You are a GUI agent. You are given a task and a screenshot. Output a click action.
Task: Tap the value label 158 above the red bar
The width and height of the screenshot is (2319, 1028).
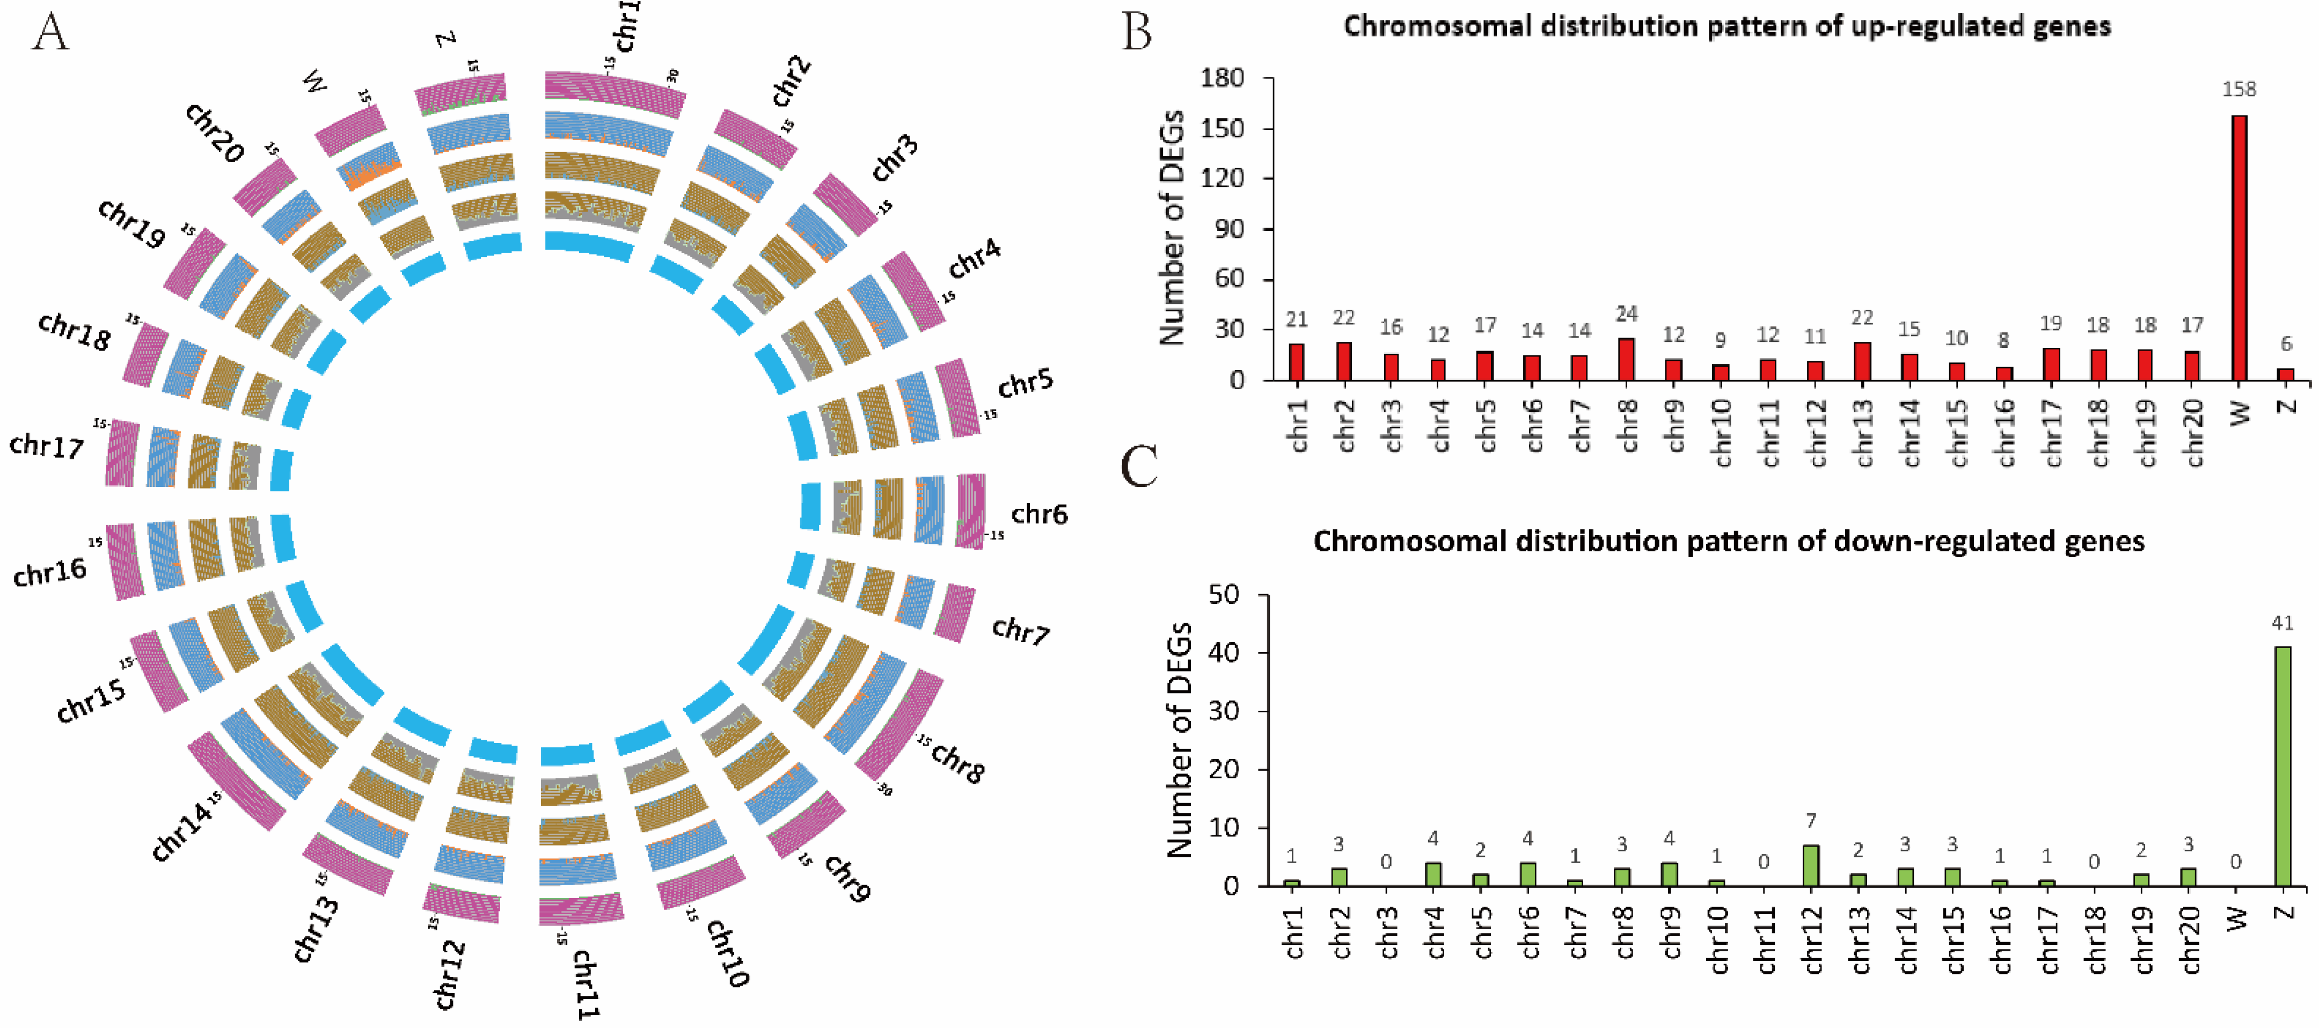(x=2239, y=89)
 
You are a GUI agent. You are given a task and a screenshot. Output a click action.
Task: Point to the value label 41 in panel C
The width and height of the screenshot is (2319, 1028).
(x=2282, y=623)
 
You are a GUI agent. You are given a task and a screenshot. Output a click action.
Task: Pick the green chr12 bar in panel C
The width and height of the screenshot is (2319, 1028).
(x=1810, y=865)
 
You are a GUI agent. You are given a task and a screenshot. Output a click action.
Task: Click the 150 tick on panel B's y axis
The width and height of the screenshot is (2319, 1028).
(x=1224, y=129)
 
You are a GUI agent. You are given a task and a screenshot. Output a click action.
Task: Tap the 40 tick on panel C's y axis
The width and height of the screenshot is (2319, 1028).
(x=1226, y=653)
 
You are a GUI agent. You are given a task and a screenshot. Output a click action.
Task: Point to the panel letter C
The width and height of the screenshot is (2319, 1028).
(x=1139, y=466)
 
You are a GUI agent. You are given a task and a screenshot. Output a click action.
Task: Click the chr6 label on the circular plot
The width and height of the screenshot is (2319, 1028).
(x=1039, y=514)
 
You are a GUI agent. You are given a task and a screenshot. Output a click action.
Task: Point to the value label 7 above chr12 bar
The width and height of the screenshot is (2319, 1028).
(x=1810, y=821)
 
